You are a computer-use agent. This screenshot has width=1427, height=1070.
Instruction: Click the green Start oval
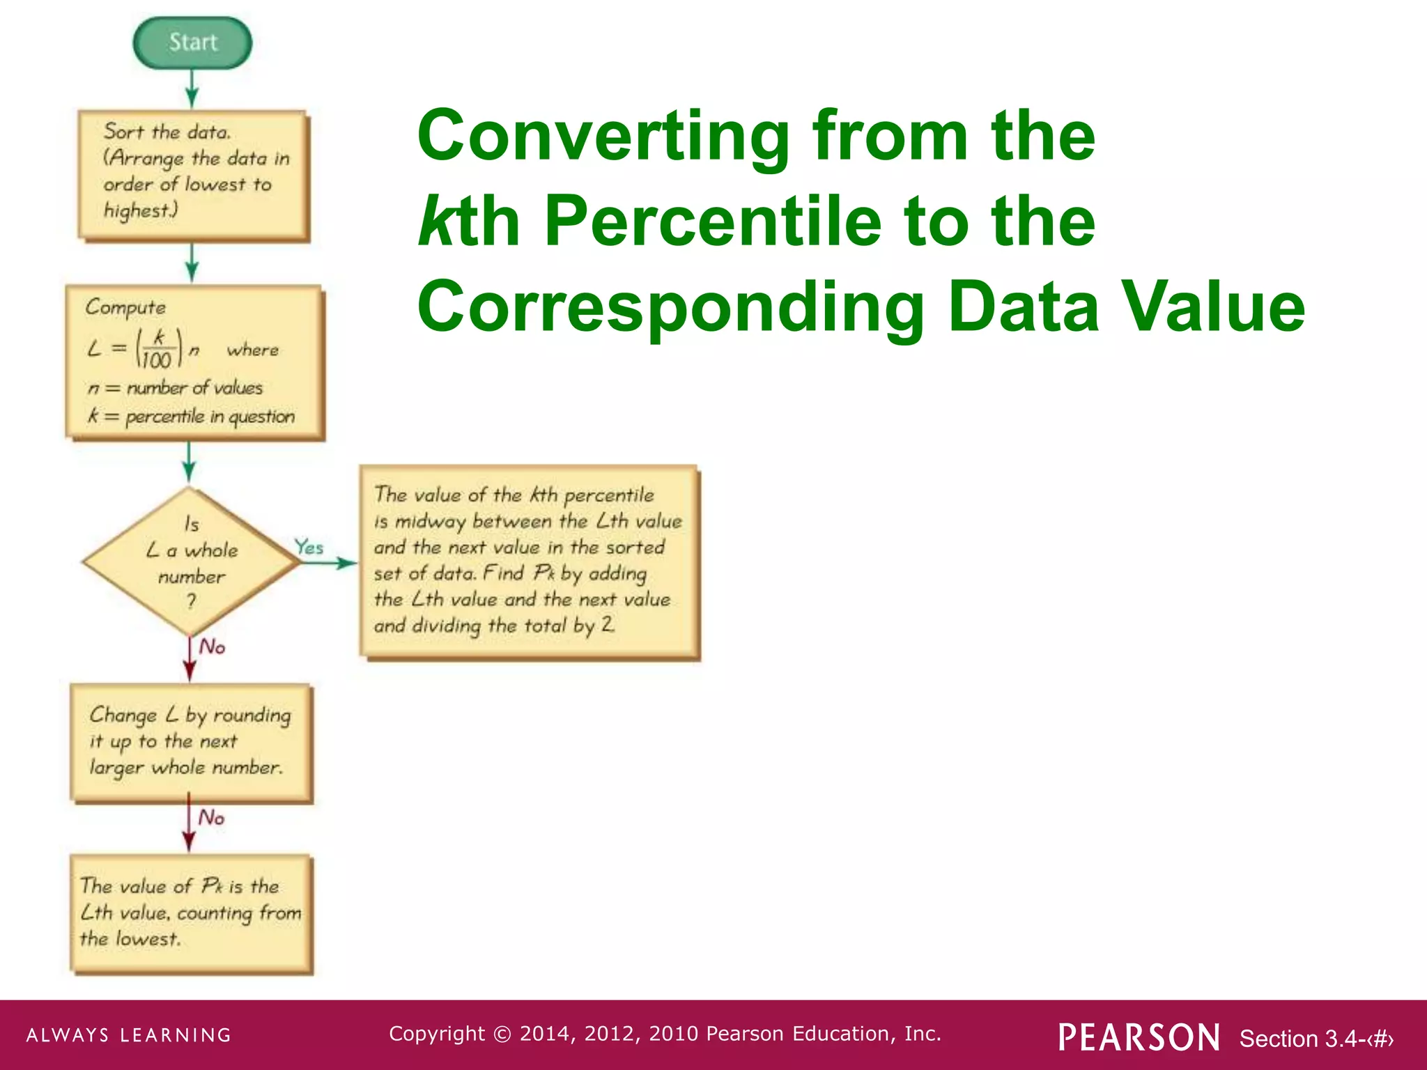pos(192,42)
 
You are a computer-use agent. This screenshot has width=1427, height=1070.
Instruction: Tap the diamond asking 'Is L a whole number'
pos(191,561)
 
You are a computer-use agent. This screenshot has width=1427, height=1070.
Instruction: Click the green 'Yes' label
pos(309,547)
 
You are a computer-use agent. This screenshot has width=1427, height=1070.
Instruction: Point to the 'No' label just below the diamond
pos(212,647)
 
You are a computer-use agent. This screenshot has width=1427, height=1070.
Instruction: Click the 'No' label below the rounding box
pos(211,817)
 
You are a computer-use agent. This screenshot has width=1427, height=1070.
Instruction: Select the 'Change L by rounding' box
pos(191,743)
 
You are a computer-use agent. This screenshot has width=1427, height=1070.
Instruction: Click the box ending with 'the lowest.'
pos(191,913)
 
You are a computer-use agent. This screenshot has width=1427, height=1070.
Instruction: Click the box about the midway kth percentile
pos(529,561)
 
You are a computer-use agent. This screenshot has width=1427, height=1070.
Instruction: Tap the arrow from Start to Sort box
pos(192,89)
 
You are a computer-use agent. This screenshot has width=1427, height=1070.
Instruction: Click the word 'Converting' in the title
pos(603,137)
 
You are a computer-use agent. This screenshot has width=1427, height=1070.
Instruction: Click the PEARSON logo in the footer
pos(1139,1037)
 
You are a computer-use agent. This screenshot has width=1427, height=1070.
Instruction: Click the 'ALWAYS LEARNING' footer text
pos(129,1035)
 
